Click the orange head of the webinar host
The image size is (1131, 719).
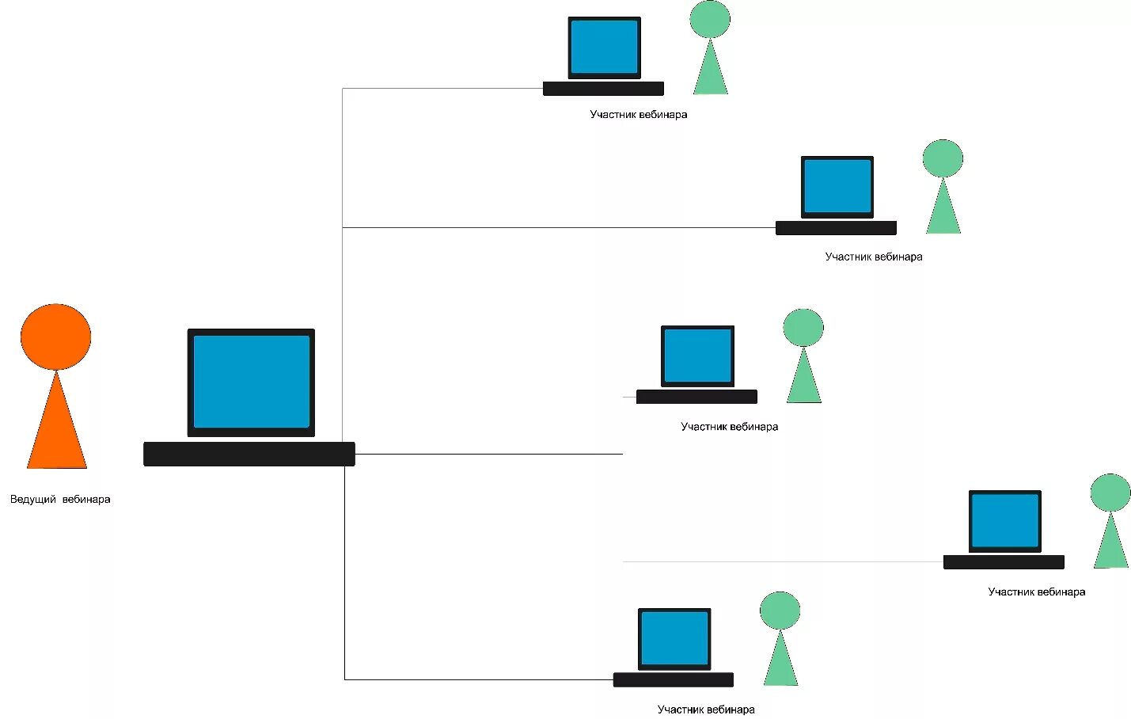(x=55, y=337)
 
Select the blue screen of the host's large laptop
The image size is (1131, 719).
(x=251, y=382)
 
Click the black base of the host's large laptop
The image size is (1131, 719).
(x=249, y=454)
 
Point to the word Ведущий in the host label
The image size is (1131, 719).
(x=33, y=500)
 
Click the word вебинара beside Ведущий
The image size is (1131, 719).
(x=86, y=500)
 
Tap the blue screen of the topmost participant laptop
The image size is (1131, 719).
(x=604, y=47)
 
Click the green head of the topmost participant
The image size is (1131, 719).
(x=709, y=19)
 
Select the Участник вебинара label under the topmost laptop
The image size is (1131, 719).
(x=638, y=115)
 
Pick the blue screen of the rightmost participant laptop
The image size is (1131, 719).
(x=1004, y=520)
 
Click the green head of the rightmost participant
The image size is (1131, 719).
(x=1110, y=493)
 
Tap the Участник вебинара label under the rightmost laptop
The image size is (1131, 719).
(x=1036, y=592)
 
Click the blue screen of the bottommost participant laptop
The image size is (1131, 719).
(x=674, y=637)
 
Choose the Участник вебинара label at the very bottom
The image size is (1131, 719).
(x=705, y=709)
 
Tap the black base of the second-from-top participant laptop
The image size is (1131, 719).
(x=836, y=228)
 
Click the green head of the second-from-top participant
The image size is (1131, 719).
(x=943, y=158)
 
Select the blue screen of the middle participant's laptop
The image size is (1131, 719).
(x=697, y=356)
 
